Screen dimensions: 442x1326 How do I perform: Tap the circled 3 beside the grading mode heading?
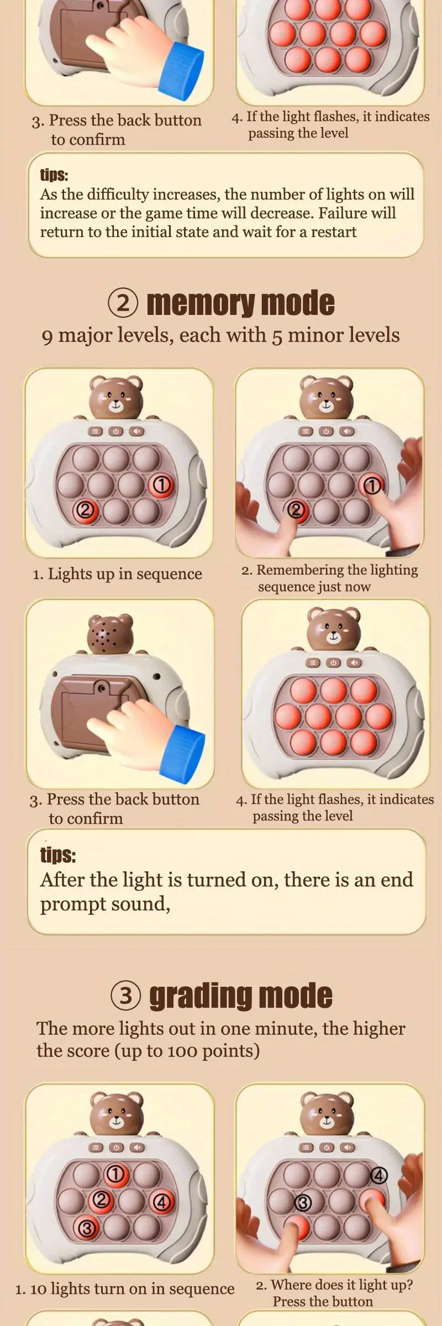(126, 996)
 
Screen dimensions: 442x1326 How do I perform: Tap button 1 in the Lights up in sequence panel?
(161, 485)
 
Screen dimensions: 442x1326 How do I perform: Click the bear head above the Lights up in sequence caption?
(116, 397)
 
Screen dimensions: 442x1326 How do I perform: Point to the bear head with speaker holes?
(110, 634)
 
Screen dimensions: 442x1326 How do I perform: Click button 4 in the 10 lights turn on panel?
(161, 1202)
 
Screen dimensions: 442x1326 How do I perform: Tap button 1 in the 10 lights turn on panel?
(115, 1174)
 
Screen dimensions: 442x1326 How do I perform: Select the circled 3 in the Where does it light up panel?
(302, 1203)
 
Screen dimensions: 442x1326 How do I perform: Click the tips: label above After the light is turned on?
(58, 855)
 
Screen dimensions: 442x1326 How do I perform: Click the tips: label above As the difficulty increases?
(54, 175)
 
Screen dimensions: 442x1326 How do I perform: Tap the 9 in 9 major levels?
(48, 337)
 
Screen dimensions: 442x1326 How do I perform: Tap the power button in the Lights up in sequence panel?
(115, 432)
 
